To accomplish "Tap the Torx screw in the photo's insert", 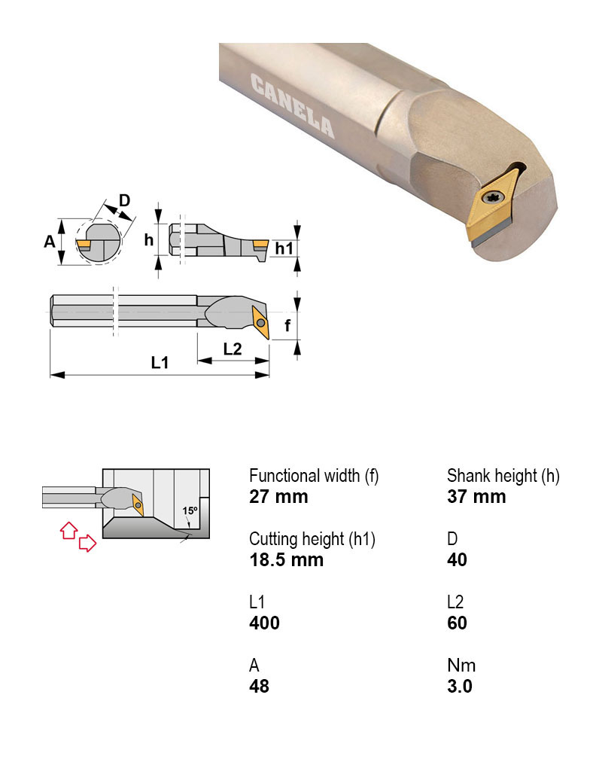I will point(492,200).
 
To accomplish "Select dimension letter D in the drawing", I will point(125,200).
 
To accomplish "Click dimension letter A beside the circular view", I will point(50,242).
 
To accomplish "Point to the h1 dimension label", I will point(283,248).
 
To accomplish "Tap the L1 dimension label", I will point(160,363).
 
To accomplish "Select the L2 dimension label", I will point(233,349).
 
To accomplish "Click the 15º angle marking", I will point(190,510).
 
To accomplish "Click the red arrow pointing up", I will point(68,529).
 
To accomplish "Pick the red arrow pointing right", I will point(88,543).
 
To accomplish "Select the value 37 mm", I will point(476,497).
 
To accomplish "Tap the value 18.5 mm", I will point(286,560).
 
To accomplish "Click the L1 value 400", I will point(264,623).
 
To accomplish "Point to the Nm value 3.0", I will point(459,687).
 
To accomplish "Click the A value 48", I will point(259,687).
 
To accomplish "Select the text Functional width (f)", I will point(314,476).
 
